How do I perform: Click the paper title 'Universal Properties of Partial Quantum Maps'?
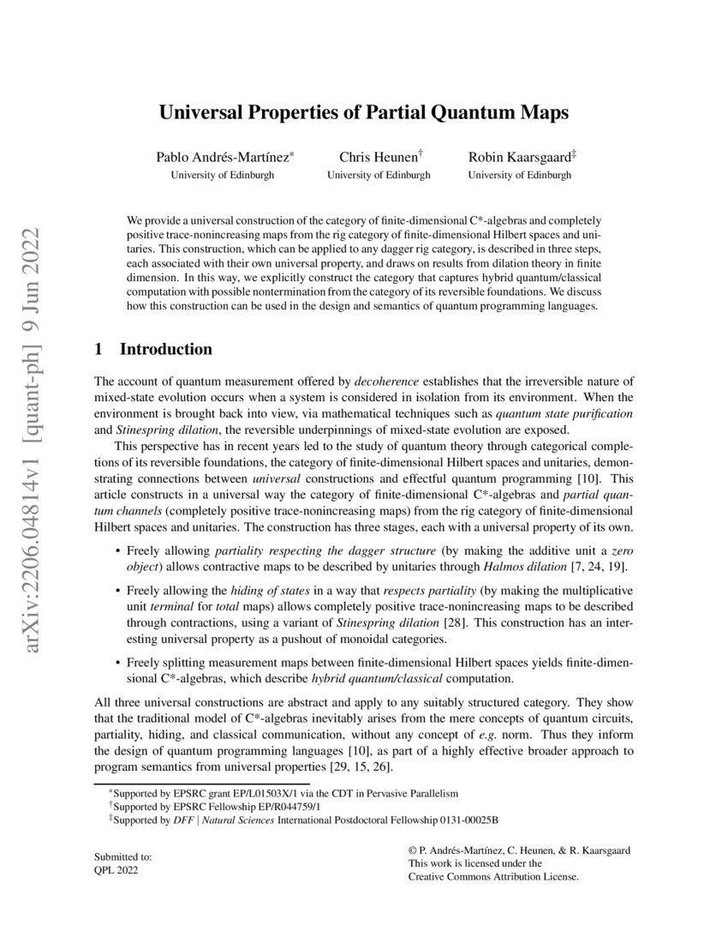click(x=364, y=112)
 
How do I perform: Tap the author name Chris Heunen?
click(x=377, y=157)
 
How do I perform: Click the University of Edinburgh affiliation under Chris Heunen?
click(x=379, y=175)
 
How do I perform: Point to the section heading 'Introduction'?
click(x=165, y=350)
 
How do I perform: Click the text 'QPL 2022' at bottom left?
click(x=115, y=870)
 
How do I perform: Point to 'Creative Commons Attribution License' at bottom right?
click(x=494, y=877)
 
